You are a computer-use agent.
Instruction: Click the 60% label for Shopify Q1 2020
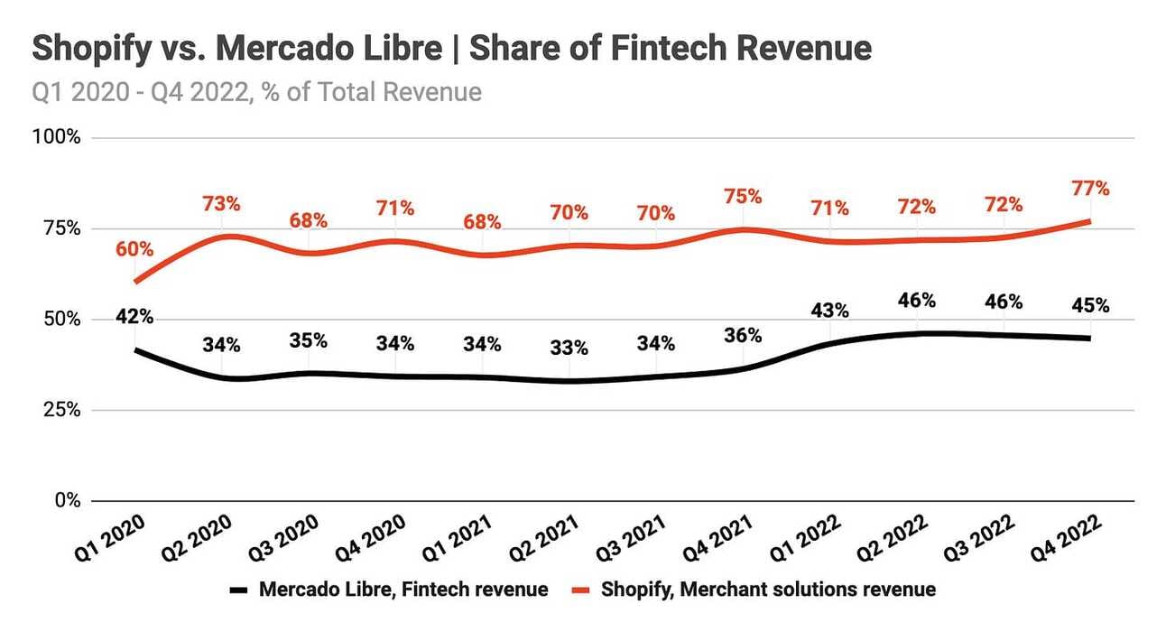[x=134, y=249]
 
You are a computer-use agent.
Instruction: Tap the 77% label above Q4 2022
[x=1090, y=189]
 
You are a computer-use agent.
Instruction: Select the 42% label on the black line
[x=134, y=316]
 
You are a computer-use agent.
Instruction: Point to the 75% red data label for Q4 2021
[x=743, y=196]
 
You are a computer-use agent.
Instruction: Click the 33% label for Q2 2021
[x=569, y=348]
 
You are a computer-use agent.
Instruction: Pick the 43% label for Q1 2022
[x=829, y=310]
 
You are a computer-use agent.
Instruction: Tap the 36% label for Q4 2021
[x=743, y=335]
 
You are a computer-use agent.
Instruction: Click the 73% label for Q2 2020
[x=221, y=203]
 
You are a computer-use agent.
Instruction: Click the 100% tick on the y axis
[x=58, y=138]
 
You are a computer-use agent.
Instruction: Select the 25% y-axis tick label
[x=61, y=410]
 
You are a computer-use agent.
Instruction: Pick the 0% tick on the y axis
[x=66, y=501]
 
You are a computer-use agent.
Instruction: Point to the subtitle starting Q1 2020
[x=256, y=92]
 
